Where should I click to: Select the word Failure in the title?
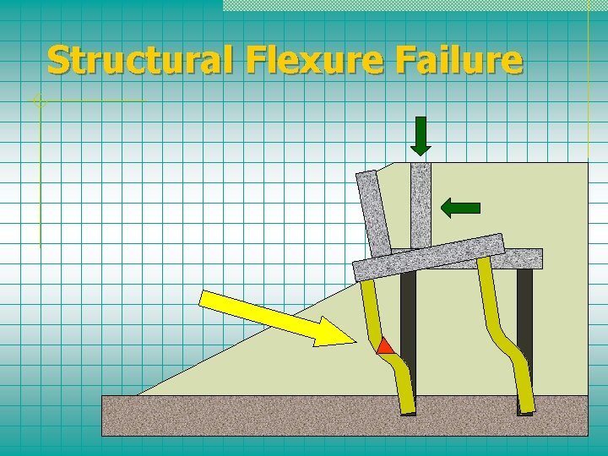coord(456,61)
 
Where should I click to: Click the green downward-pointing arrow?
coord(421,135)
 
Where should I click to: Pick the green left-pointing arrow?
coord(461,207)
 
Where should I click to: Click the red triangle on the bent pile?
coord(385,345)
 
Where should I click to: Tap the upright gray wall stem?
coord(421,203)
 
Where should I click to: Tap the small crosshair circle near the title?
coord(38,101)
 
